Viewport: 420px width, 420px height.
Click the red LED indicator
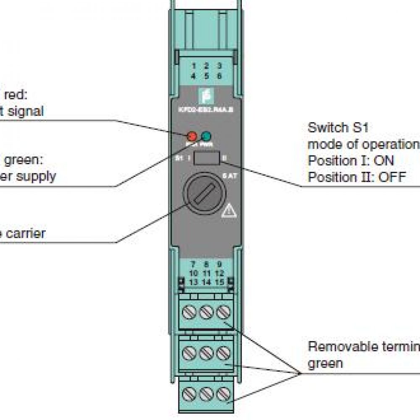click(x=192, y=136)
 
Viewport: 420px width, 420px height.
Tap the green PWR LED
click(x=206, y=136)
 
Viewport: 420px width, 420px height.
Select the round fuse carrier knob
click(x=205, y=194)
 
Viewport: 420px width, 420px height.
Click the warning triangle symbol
click(x=229, y=210)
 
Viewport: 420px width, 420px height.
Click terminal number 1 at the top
click(x=194, y=66)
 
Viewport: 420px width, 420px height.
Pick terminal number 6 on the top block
click(x=219, y=76)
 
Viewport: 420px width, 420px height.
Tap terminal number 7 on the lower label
click(x=193, y=265)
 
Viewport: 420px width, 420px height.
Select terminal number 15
click(x=219, y=282)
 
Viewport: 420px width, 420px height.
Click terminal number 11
click(x=206, y=273)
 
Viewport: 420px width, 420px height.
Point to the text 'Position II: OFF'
click(x=357, y=177)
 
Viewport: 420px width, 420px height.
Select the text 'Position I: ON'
click(x=351, y=160)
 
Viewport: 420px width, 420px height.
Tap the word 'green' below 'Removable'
click(x=325, y=363)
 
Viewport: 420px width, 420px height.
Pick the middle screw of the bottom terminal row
click(x=205, y=394)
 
